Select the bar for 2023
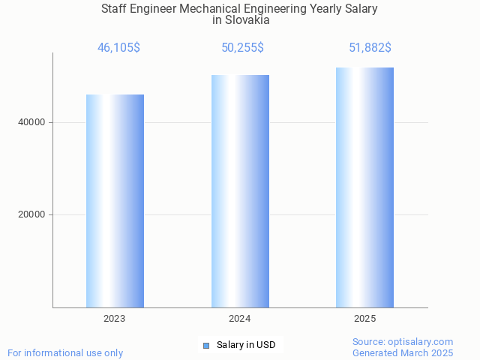(115, 201)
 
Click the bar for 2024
(240, 191)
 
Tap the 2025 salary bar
(364, 187)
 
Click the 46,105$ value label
(118, 47)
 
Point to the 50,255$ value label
(242, 47)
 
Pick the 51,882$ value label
(370, 47)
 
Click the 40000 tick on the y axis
(31, 122)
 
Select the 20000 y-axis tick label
(31, 214)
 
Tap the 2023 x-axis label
(115, 319)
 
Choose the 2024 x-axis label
(240, 319)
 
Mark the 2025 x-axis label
(365, 319)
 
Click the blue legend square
(206, 346)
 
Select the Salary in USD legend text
(246, 345)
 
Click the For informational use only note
(65, 352)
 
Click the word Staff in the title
(115, 9)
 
